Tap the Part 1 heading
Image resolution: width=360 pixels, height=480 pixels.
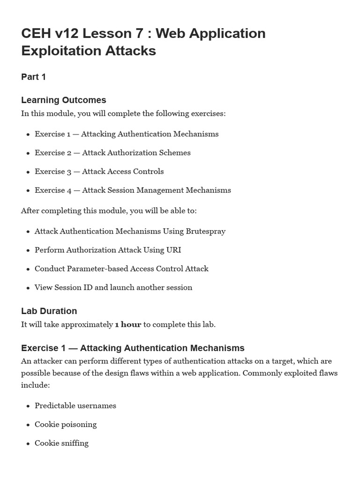pos(33,77)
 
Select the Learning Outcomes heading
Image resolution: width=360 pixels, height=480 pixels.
pos(63,100)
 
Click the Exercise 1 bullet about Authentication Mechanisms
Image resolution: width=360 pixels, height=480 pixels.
pos(126,134)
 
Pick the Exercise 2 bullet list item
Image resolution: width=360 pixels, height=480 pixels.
pos(112,153)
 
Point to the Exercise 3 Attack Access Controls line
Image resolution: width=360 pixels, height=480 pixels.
pos(99,172)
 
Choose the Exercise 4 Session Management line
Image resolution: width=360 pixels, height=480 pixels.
pos(133,190)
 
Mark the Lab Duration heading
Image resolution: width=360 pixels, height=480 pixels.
pos(49,311)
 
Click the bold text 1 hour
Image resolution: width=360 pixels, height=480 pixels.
pos(128,324)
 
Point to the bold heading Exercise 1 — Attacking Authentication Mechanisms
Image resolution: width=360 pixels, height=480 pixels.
pos(133,348)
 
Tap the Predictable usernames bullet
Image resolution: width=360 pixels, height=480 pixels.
pos(75,406)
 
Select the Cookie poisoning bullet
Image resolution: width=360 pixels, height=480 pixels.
pos(65,425)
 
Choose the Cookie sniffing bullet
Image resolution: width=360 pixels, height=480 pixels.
pos(61,443)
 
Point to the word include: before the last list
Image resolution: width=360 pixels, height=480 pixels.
pos(35,385)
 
